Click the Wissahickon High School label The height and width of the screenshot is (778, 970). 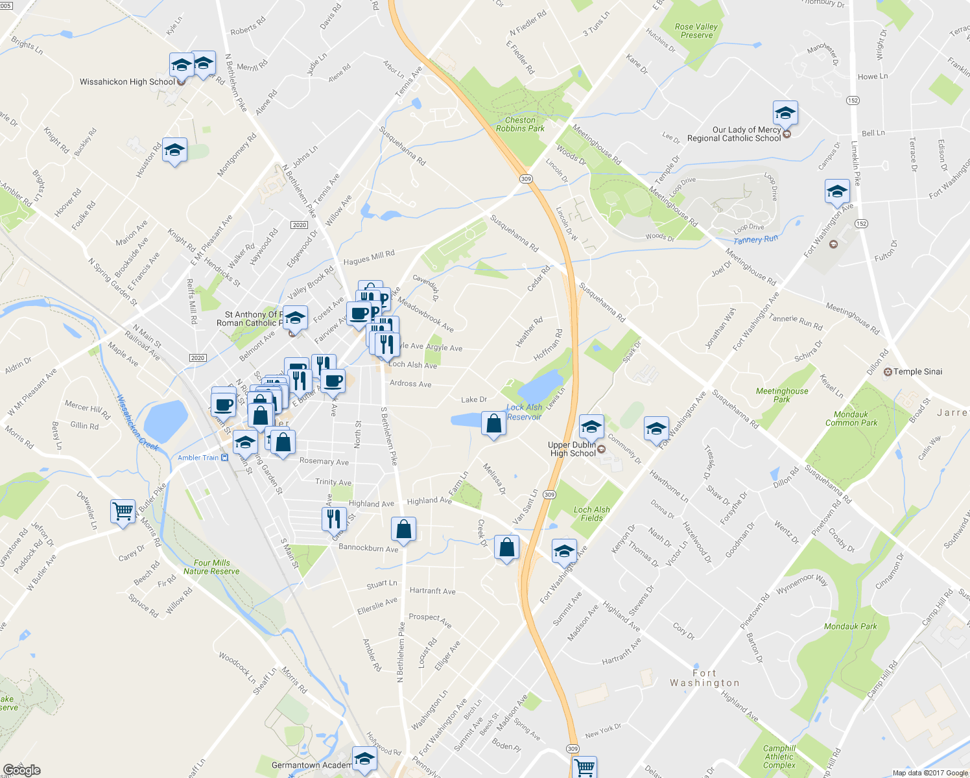coord(127,82)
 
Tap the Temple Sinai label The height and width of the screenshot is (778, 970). coord(917,371)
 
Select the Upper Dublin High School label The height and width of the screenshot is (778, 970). coord(573,449)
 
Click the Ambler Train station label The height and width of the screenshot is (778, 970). coord(198,458)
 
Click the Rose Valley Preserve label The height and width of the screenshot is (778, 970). coord(696,31)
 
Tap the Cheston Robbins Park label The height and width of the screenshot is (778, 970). coord(520,124)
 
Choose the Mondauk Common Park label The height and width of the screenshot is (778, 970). coord(851,419)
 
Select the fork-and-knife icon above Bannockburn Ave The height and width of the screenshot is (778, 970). coord(333,518)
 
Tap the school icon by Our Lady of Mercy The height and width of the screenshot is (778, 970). coord(785,113)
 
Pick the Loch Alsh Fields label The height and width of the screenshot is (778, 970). coord(591,514)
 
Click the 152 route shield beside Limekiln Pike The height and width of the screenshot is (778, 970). coord(853,100)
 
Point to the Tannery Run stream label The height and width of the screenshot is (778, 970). coord(755,240)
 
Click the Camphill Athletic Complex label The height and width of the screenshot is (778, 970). coord(779,757)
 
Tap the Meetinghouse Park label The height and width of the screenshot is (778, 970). coord(782,395)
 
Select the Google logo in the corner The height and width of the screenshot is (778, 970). coord(21,770)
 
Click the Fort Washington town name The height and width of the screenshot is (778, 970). coord(704,678)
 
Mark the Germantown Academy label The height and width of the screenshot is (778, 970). coord(312,765)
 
